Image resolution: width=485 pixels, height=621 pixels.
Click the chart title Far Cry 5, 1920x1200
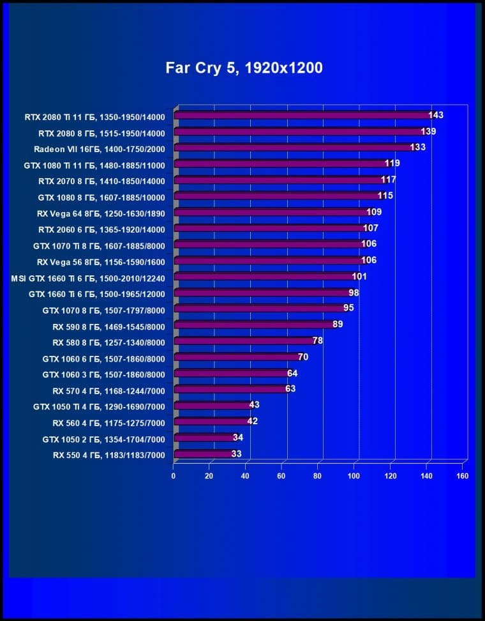244,68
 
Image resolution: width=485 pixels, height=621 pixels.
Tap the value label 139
428,132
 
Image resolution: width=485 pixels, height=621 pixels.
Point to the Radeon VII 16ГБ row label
99,149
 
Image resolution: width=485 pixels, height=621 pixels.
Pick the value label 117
388,180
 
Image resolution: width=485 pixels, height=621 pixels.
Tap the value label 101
359,277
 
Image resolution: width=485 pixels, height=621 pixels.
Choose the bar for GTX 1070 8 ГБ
258,309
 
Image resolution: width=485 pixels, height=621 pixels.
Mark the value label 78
317,341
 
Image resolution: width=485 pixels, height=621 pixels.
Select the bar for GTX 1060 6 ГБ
235,357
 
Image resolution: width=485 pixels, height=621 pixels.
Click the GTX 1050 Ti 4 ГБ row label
99,406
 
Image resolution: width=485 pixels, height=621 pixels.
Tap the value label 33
236,454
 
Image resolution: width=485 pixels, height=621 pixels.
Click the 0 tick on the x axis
174,476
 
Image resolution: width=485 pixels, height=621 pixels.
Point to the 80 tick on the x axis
318,476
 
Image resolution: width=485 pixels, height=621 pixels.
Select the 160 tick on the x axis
463,476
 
